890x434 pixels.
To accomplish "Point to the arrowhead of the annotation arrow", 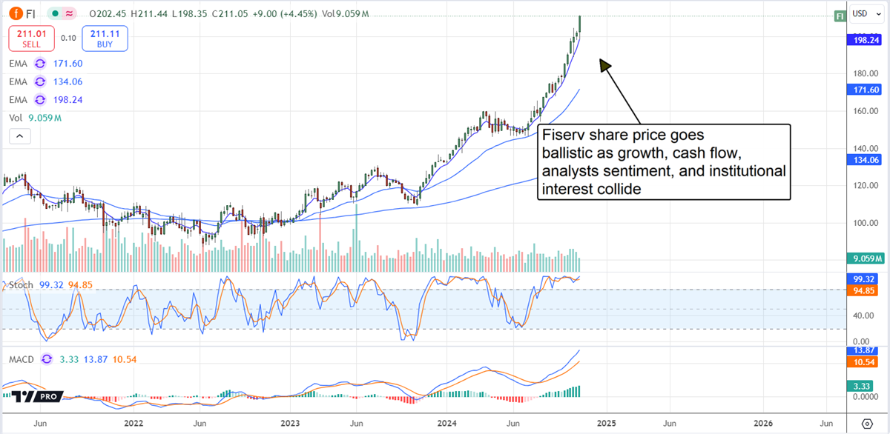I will (605, 65).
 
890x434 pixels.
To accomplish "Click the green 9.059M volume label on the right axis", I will (863, 258).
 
